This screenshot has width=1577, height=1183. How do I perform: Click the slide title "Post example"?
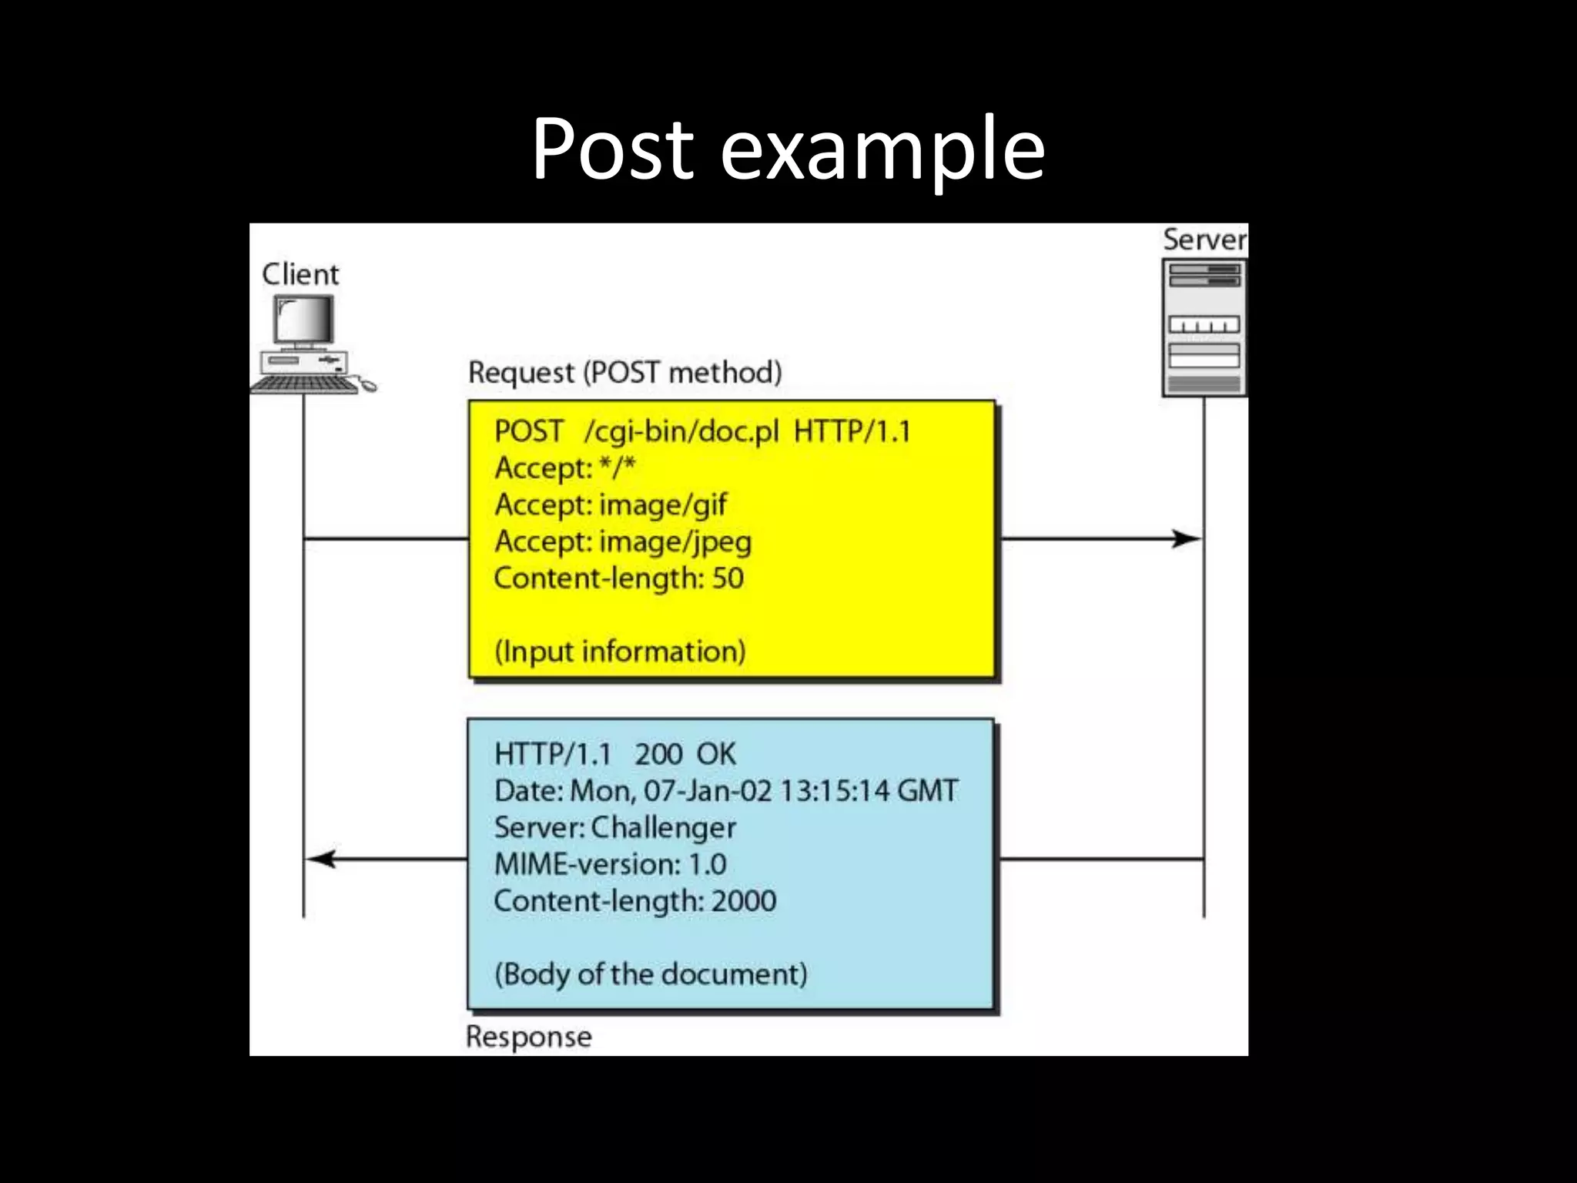(788, 148)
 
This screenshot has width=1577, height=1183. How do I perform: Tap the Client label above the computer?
(300, 274)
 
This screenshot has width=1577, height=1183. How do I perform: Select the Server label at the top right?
(1204, 240)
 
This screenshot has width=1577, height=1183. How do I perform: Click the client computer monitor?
(305, 320)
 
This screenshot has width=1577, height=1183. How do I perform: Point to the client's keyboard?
(305, 384)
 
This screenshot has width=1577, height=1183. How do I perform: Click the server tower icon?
(1204, 328)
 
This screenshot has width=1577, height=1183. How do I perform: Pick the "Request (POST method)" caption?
(624, 373)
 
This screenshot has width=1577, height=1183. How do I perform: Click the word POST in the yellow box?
(528, 431)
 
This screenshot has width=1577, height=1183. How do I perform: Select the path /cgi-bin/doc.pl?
(681, 431)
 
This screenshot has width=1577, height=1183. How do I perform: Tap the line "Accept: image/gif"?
(611, 505)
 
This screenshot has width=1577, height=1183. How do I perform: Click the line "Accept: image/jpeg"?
(623, 542)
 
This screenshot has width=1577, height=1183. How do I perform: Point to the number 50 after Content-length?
(728, 578)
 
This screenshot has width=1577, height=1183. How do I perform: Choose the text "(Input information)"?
(620, 652)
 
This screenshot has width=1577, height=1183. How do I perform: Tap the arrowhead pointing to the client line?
(322, 859)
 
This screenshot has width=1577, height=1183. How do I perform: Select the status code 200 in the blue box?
(658, 754)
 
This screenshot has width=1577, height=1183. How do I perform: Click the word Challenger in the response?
(663, 828)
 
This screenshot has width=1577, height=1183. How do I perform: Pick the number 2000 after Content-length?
(743, 901)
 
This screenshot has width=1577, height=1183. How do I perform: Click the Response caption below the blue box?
(529, 1037)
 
